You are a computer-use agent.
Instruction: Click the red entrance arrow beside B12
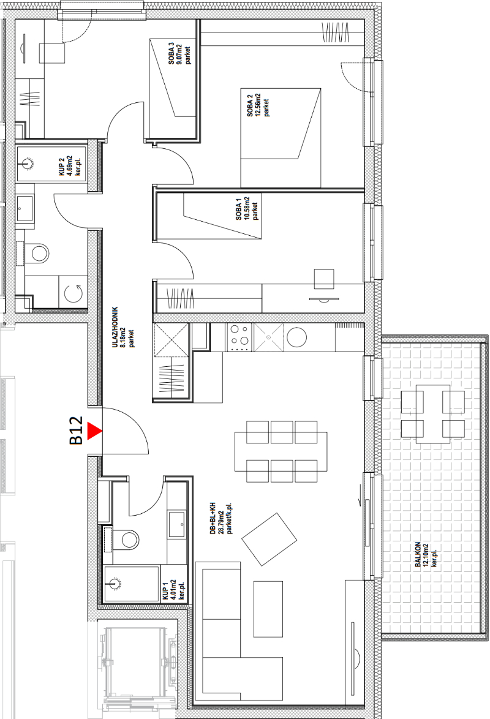[x=94, y=431]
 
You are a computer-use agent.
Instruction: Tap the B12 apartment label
[x=76, y=431]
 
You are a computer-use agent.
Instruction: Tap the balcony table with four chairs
[x=432, y=413]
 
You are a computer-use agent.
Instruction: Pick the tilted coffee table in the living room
[x=269, y=540]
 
